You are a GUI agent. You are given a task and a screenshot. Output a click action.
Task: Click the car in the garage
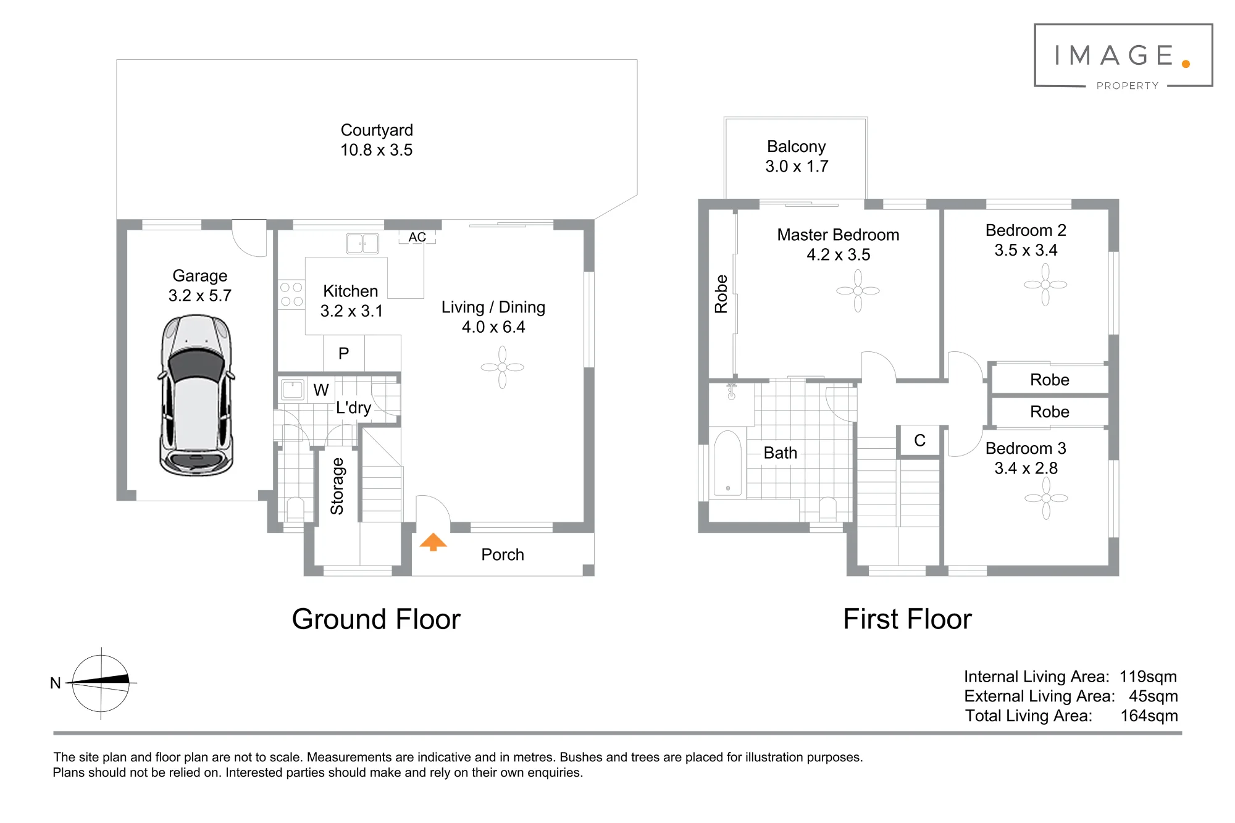coord(197,395)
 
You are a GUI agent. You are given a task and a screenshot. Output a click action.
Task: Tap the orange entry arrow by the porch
coord(433,541)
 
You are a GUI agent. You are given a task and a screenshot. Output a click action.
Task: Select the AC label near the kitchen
coord(417,237)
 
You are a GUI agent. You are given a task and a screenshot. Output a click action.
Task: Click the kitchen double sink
coord(362,243)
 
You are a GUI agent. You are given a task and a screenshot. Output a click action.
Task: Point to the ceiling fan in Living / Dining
coord(503,367)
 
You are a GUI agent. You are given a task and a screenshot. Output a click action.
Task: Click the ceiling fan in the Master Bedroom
coord(858,291)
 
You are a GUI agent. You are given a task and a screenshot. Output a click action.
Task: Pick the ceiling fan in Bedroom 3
coord(1046,498)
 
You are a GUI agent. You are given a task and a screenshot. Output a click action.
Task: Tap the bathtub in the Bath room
coord(728,463)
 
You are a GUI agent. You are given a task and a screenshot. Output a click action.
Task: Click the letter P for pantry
coord(344,353)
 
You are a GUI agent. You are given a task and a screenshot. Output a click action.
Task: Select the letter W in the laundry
coord(321,390)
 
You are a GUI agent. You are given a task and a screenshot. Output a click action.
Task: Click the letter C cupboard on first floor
coord(919,440)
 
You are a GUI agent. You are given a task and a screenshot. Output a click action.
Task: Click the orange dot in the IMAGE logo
coord(1186,64)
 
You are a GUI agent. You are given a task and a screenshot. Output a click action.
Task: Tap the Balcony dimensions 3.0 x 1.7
coord(797,166)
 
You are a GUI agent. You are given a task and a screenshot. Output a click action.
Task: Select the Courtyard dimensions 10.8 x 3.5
coord(377,150)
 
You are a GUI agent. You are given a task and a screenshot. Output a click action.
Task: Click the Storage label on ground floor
coord(337,487)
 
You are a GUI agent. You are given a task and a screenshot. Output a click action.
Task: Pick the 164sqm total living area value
coord(1149,716)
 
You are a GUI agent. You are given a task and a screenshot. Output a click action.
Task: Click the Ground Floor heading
coord(376,619)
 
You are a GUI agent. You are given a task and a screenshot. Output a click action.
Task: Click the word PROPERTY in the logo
coord(1128,86)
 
